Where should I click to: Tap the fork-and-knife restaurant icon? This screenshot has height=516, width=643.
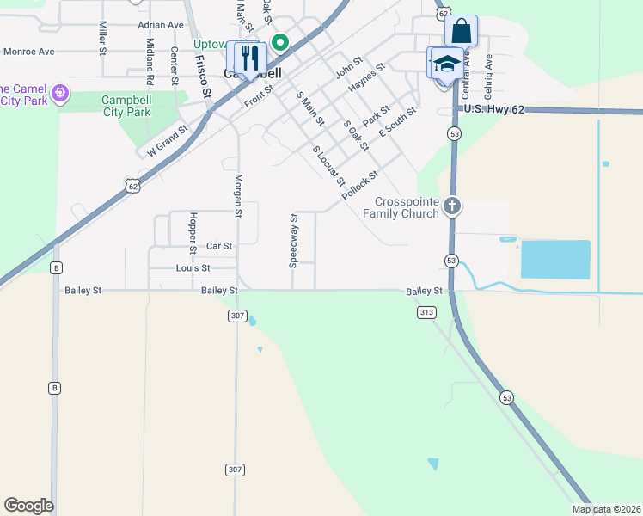(x=250, y=58)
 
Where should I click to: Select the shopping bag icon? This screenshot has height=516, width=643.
(x=462, y=31)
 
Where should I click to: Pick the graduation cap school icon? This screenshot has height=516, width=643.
(x=445, y=64)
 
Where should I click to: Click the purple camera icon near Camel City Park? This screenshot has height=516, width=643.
(x=60, y=92)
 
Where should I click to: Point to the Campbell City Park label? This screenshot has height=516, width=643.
(x=138, y=105)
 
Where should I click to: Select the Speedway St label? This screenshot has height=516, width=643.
(x=293, y=240)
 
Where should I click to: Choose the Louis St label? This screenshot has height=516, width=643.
(x=193, y=268)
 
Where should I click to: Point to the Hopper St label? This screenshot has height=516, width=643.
(x=193, y=232)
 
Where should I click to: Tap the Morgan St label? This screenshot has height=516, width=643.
(x=239, y=196)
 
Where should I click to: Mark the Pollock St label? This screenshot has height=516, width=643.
(x=359, y=186)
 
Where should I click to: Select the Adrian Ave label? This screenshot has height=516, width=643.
(x=161, y=26)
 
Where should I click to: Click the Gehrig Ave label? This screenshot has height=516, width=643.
(x=487, y=73)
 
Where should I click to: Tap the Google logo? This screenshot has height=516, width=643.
(x=28, y=506)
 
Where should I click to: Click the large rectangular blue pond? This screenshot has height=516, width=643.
(x=555, y=260)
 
